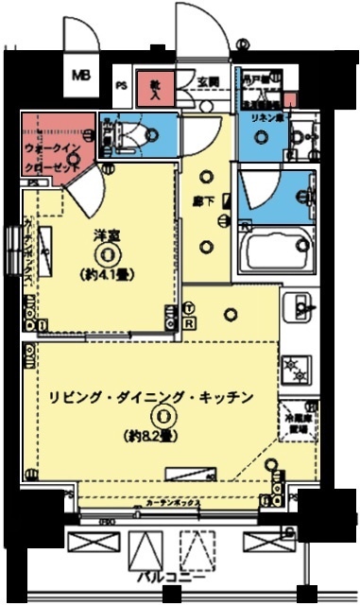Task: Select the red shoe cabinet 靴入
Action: pos(155,88)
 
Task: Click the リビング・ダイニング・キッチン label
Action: pos(151,398)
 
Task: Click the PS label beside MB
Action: pos(121,84)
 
